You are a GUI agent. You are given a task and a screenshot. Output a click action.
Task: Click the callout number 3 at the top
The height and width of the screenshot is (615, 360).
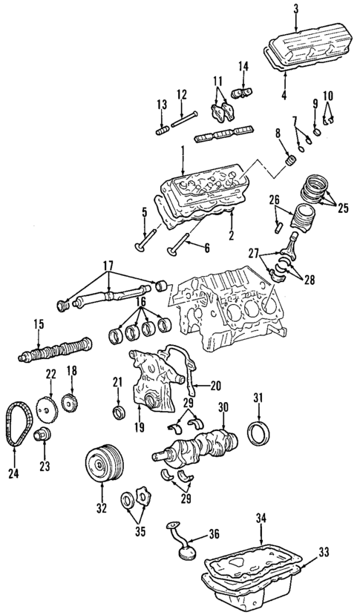(x=295, y=8)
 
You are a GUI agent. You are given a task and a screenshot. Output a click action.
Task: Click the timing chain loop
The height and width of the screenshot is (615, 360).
(x=16, y=423)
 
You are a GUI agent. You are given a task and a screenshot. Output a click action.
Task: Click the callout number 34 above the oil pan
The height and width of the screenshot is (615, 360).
(x=260, y=516)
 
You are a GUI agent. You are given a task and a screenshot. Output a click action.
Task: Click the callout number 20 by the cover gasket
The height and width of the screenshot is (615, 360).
(x=216, y=385)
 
